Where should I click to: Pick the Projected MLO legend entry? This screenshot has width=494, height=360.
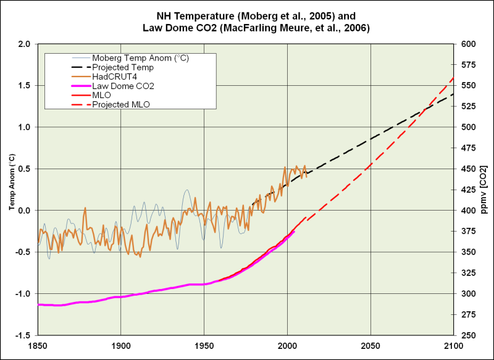click(120, 105)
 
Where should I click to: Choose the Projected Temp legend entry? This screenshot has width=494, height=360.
click(118, 67)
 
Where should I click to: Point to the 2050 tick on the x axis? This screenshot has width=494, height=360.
click(370, 344)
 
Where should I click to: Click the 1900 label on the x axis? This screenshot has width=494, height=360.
click(120, 344)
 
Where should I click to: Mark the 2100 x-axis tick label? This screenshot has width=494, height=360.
click(453, 344)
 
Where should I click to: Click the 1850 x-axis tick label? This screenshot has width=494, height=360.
click(38, 344)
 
